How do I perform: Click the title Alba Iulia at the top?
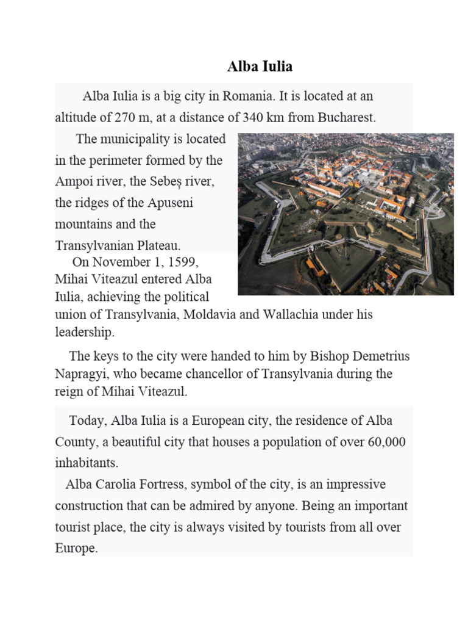click(x=260, y=67)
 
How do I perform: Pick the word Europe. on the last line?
click(x=76, y=548)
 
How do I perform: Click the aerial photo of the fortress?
click(x=346, y=214)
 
